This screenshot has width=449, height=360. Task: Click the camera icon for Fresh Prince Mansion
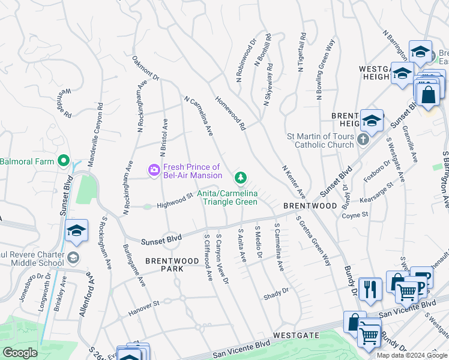pyautogui.click(x=154, y=171)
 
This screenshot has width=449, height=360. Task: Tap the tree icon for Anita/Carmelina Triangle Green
pyautogui.click(x=240, y=177)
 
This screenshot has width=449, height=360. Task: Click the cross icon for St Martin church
pyautogui.click(x=363, y=140)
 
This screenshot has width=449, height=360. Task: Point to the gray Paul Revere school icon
pyautogui.click(x=73, y=258)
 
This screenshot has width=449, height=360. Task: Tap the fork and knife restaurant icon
pyautogui.click(x=370, y=289)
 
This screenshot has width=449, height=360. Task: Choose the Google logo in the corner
pyautogui.click(x=19, y=353)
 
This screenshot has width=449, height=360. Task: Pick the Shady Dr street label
pyautogui.click(x=276, y=294)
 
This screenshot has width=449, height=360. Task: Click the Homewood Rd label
pyautogui.click(x=231, y=115)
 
